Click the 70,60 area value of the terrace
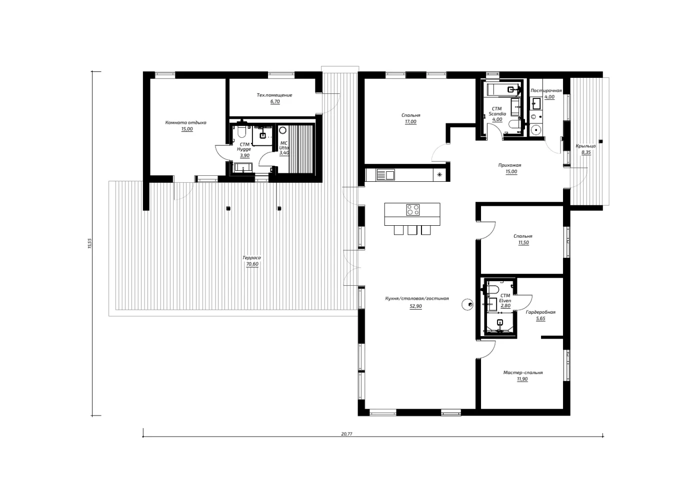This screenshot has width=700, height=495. (x=252, y=264)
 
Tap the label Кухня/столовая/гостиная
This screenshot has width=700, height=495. (x=417, y=298)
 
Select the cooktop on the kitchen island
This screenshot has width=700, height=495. (x=413, y=210)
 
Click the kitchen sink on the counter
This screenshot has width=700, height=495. (x=385, y=175)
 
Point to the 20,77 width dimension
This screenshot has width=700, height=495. (x=347, y=434)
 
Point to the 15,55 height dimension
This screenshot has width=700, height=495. (x=89, y=243)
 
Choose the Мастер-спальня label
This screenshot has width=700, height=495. (x=523, y=372)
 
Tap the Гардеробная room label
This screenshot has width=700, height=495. (x=540, y=312)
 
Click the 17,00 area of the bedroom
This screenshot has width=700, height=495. (x=410, y=122)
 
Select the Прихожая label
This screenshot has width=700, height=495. (x=509, y=165)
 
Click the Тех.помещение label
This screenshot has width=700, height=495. (x=274, y=95)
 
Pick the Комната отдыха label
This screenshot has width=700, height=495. (x=185, y=122)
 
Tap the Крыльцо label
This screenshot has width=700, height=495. (x=585, y=146)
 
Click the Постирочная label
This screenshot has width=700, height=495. (x=546, y=90)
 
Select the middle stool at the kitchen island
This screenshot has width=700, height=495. (x=412, y=230)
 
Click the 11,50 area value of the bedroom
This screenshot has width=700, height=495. (x=523, y=243)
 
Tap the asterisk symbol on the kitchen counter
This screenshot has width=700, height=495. (x=439, y=175)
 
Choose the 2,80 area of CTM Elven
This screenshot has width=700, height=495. (x=505, y=306)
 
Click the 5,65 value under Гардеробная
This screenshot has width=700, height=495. (x=540, y=319)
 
